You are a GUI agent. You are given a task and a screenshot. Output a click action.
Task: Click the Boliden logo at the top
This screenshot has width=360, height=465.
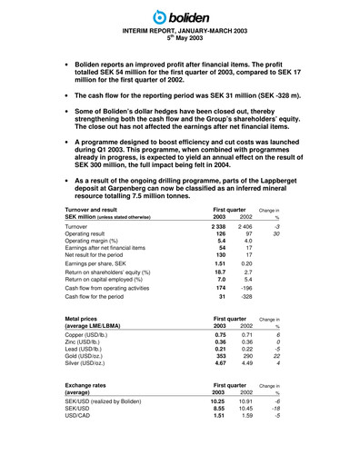click(x=180, y=15)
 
